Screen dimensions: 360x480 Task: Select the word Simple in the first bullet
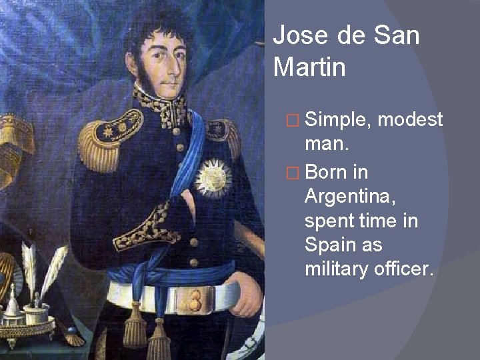[338, 120]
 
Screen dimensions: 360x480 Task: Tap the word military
[331, 269]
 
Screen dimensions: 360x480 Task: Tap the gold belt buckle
[197, 293]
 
